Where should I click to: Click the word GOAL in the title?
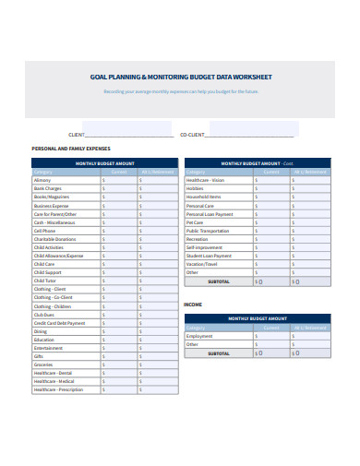click(97, 79)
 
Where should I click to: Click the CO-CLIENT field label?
click(192, 135)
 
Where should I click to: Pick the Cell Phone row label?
click(44, 231)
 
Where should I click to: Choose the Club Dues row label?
click(42, 315)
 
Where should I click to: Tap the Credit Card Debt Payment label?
click(59, 323)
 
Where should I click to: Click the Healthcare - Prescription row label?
click(57, 390)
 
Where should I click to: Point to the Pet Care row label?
click(195, 222)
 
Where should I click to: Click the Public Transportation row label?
click(208, 231)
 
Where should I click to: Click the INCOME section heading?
click(193, 304)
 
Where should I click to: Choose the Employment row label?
click(198, 336)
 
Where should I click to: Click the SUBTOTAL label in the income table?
click(220, 352)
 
